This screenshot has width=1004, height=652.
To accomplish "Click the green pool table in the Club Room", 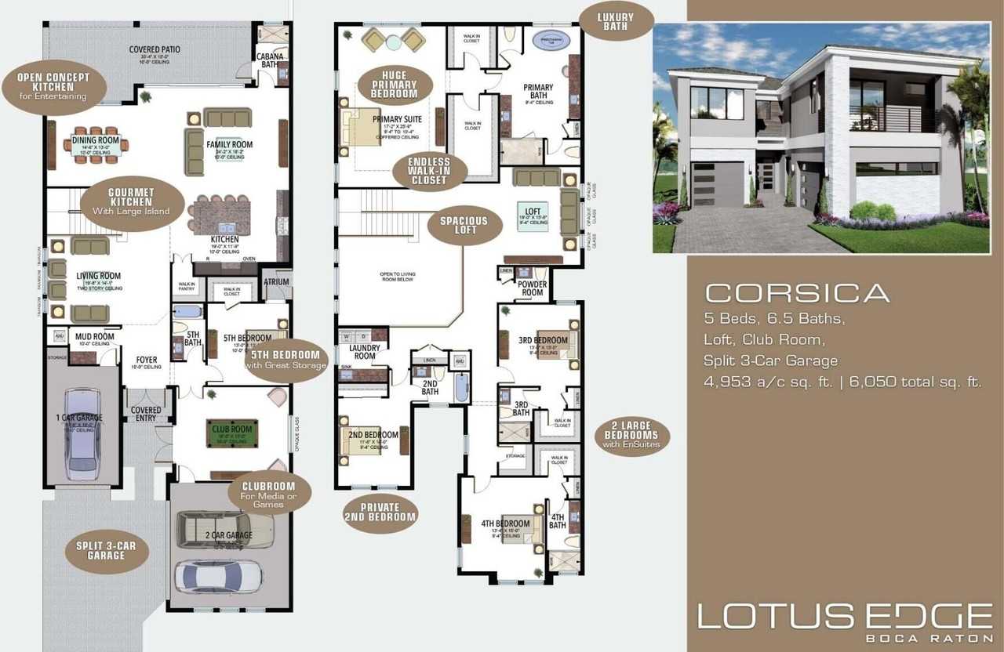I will coord(231,433).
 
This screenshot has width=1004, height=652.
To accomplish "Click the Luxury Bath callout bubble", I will coord(617,21).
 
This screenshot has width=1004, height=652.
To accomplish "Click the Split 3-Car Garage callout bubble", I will coord(107,550).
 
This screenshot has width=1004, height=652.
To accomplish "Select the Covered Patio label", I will coord(155,49).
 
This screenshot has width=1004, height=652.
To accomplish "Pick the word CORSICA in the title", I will coord(798,293).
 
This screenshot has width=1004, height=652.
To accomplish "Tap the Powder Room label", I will coord(533,288).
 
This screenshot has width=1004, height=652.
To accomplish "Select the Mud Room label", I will coord(95,338).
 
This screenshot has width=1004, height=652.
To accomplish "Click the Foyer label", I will coord(146,360).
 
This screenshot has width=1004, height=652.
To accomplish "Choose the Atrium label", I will coord(276,282).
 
